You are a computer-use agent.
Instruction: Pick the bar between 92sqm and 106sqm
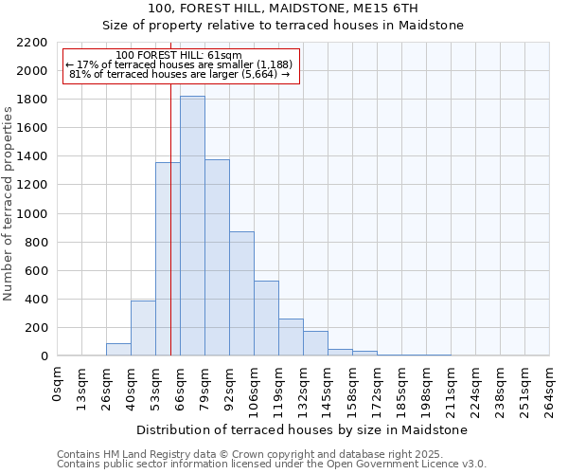241,293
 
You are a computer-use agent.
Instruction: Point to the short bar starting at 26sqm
118,349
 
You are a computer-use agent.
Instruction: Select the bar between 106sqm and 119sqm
266,318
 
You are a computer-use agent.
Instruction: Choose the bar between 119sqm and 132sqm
291,337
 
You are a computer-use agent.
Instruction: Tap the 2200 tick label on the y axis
32,43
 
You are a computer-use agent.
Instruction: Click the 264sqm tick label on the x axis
550,387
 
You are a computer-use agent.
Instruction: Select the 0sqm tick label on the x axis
58,381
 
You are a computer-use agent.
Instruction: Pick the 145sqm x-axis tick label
328,387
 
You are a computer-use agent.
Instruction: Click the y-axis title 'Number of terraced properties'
9,204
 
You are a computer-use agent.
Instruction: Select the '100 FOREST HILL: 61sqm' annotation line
179,56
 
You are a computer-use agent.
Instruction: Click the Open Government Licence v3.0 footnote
272,465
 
